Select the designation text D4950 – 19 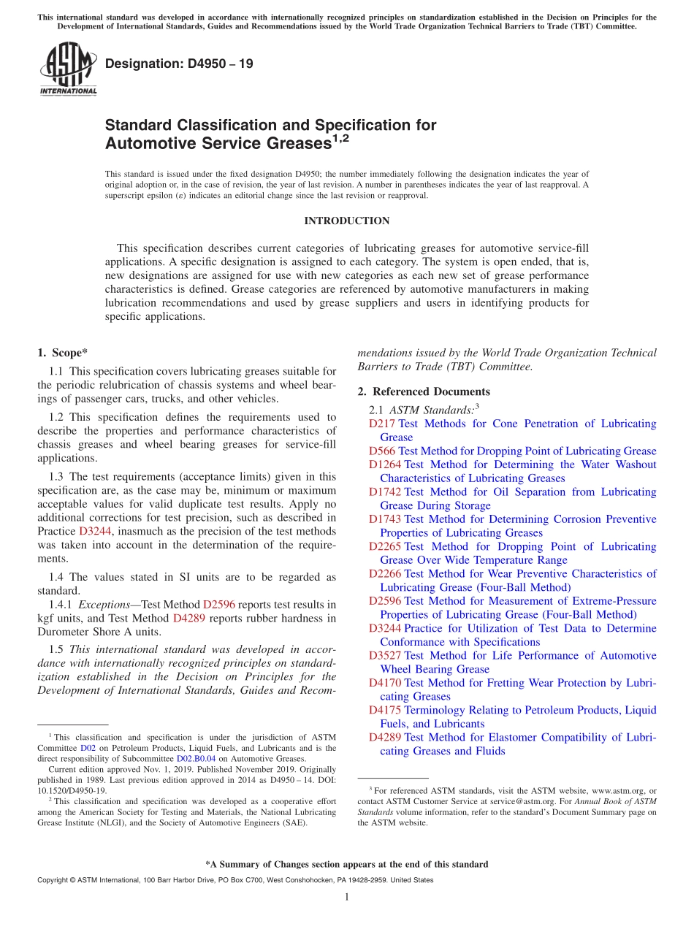(179, 64)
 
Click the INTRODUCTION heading (347, 221)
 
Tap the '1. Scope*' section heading (63, 353)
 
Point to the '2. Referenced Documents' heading (424, 391)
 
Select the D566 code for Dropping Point (382, 451)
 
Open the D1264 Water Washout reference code (385, 464)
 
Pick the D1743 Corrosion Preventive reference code (385, 519)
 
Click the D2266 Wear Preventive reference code (385, 574)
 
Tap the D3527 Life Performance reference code (385, 656)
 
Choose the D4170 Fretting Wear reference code (385, 683)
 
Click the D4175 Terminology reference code (385, 710)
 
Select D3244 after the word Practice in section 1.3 (95, 531)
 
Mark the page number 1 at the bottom (347, 897)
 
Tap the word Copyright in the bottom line (53, 880)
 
